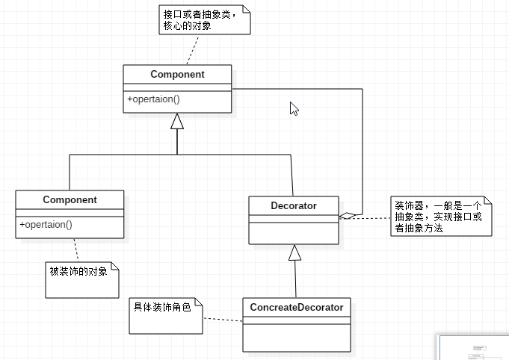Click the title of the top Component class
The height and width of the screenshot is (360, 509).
pyautogui.click(x=177, y=75)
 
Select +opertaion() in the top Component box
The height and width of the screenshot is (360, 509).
pyautogui.click(x=154, y=99)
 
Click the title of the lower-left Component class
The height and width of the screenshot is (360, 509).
pyautogui.click(x=70, y=200)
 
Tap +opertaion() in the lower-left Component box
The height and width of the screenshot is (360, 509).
pyautogui.click(x=46, y=224)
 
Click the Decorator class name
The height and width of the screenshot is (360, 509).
pyautogui.click(x=294, y=205)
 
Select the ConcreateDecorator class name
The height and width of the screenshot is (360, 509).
pyautogui.click(x=296, y=307)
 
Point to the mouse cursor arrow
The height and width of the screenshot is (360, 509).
pyautogui.click(x=294, y=108)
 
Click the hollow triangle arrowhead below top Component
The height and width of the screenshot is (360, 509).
pyautogui.click(x=177, y=121)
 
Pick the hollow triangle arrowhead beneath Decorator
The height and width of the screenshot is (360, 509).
pyautogui.click(x=295, y=253)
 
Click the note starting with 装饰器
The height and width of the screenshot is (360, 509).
pyautogui.click(x=440, y=217)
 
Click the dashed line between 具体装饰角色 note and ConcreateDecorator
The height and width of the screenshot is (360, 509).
pyautogui.click(x=223, y=320)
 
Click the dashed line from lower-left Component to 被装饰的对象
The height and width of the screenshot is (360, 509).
pyautogui.click(x=75, y=249)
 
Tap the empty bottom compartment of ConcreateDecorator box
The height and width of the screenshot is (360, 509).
pyautogui.click(x=296, y=338)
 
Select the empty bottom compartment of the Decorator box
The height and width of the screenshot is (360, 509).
pyautogui.click(x=294, y=233)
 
